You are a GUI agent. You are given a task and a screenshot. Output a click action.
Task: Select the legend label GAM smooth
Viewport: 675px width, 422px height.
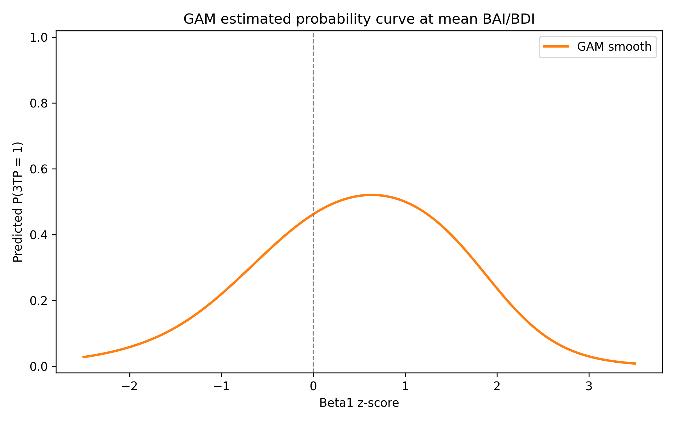(x=614, y=47)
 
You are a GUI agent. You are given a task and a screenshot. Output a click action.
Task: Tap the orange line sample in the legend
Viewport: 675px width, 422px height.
(x=556, y=47)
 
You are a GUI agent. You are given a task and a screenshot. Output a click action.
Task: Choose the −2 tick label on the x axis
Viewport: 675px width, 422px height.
(x=129, y=387)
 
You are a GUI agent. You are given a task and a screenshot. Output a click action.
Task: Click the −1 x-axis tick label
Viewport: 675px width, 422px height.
(x=221, y=387)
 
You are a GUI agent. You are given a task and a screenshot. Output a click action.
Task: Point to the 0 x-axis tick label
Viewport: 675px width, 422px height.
(x=313, y=387)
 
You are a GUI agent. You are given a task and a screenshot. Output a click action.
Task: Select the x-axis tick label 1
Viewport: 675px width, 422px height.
(x=405, y=387)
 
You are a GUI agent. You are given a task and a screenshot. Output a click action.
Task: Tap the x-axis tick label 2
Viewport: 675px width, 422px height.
(x=497, y=387)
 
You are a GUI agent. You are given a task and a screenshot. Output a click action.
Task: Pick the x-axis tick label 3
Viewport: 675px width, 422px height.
(x=589, y=387)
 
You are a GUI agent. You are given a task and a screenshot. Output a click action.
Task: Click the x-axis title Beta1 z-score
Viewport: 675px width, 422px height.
(x=359, y=403)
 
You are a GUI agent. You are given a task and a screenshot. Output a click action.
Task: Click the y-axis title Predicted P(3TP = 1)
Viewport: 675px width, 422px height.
(x=18, y=202)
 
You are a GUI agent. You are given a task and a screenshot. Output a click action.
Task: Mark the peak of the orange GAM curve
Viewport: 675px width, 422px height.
(x=371, y=195)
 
